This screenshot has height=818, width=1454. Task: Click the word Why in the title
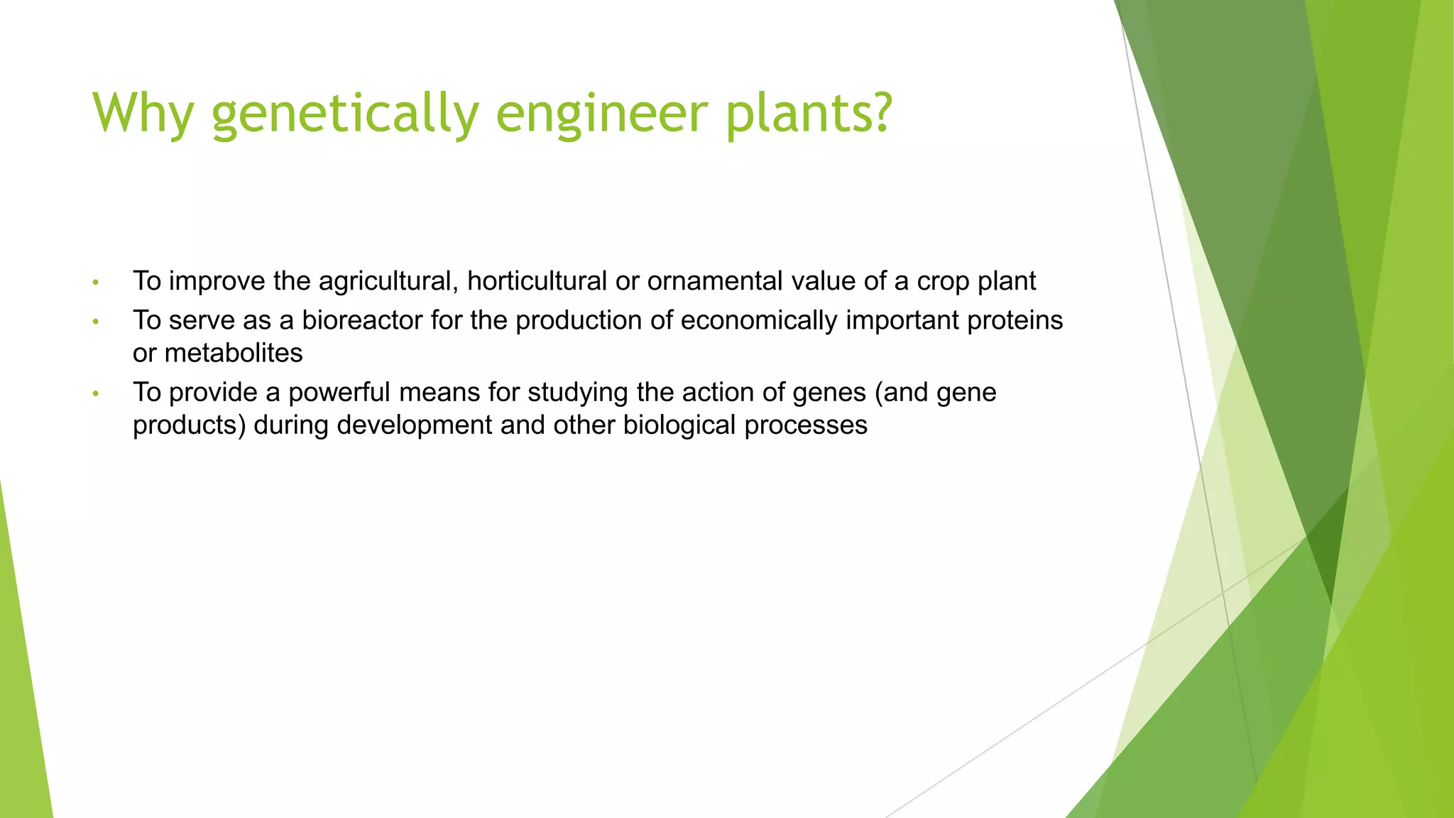pyautogui.click(x=143, y=114)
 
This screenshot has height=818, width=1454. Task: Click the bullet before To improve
pyautogui.click(x=96, y=283)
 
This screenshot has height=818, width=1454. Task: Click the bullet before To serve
pyautogui.click(x=96, y=322)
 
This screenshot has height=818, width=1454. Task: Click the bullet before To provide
pyautogui.click(x=96, y=394)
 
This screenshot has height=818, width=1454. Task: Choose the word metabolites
pyautogui.click(x=234, y=353)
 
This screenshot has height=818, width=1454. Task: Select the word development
pyautogui.click(x=414, y=425)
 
